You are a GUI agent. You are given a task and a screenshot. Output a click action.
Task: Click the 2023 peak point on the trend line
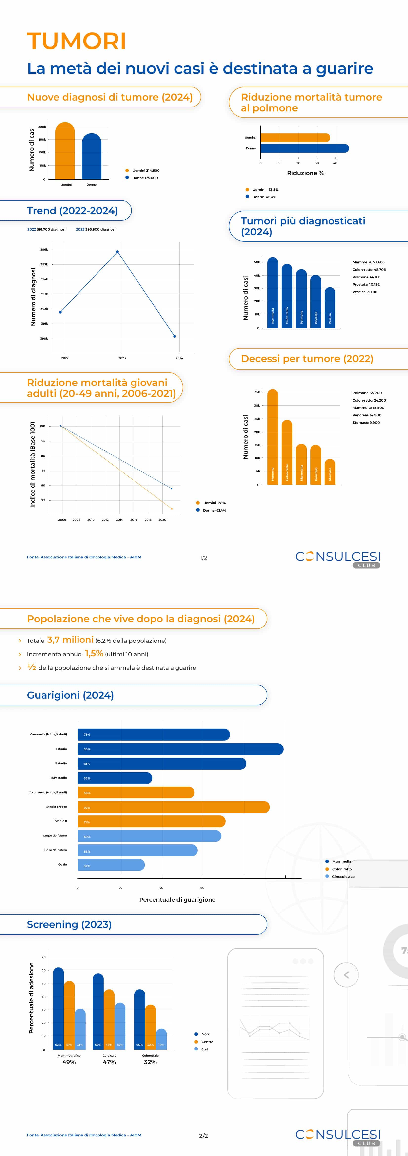click(x=117, y=252)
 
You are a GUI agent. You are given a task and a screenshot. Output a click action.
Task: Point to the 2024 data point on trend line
click(x=175, y=336)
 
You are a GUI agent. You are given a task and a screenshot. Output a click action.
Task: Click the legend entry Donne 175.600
click(x=144, y=178)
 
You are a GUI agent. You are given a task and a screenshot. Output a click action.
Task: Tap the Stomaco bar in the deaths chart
click(x=330, y=472)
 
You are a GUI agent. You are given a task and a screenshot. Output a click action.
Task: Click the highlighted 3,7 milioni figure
click(x=70, y=640)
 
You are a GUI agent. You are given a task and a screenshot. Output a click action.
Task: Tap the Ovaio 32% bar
click(x=111, y=865)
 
